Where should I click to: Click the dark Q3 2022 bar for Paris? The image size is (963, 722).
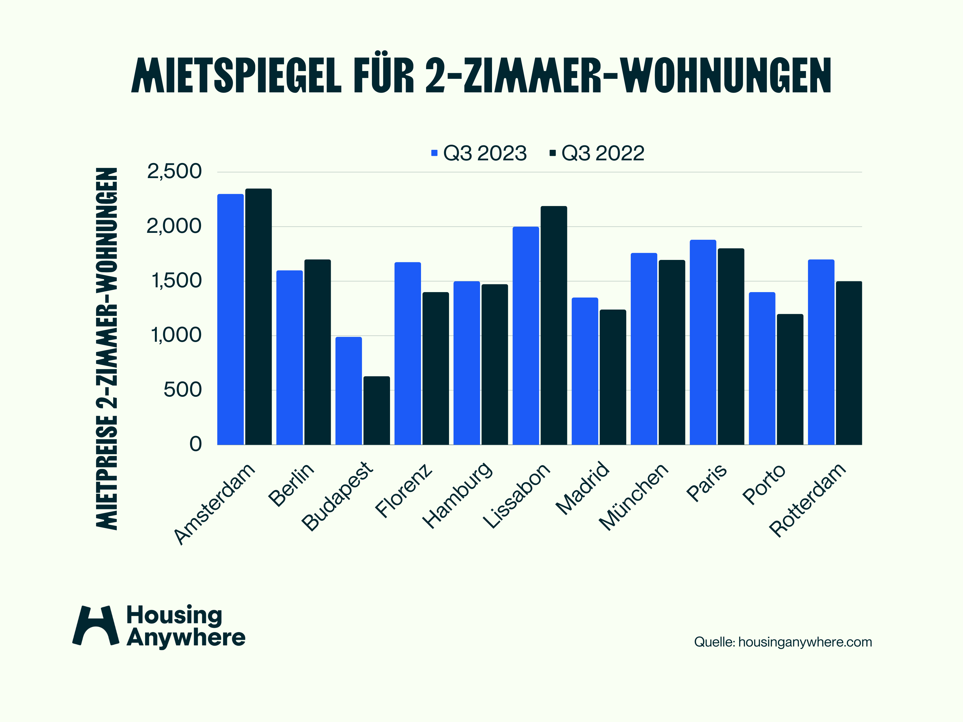tap(731, 347)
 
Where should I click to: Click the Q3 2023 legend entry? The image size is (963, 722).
tap(479, 153)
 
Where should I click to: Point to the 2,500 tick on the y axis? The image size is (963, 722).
tap(174, 171)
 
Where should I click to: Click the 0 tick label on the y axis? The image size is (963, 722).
tap(196, 444)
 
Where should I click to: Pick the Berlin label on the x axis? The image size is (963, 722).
tap(291, 484)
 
